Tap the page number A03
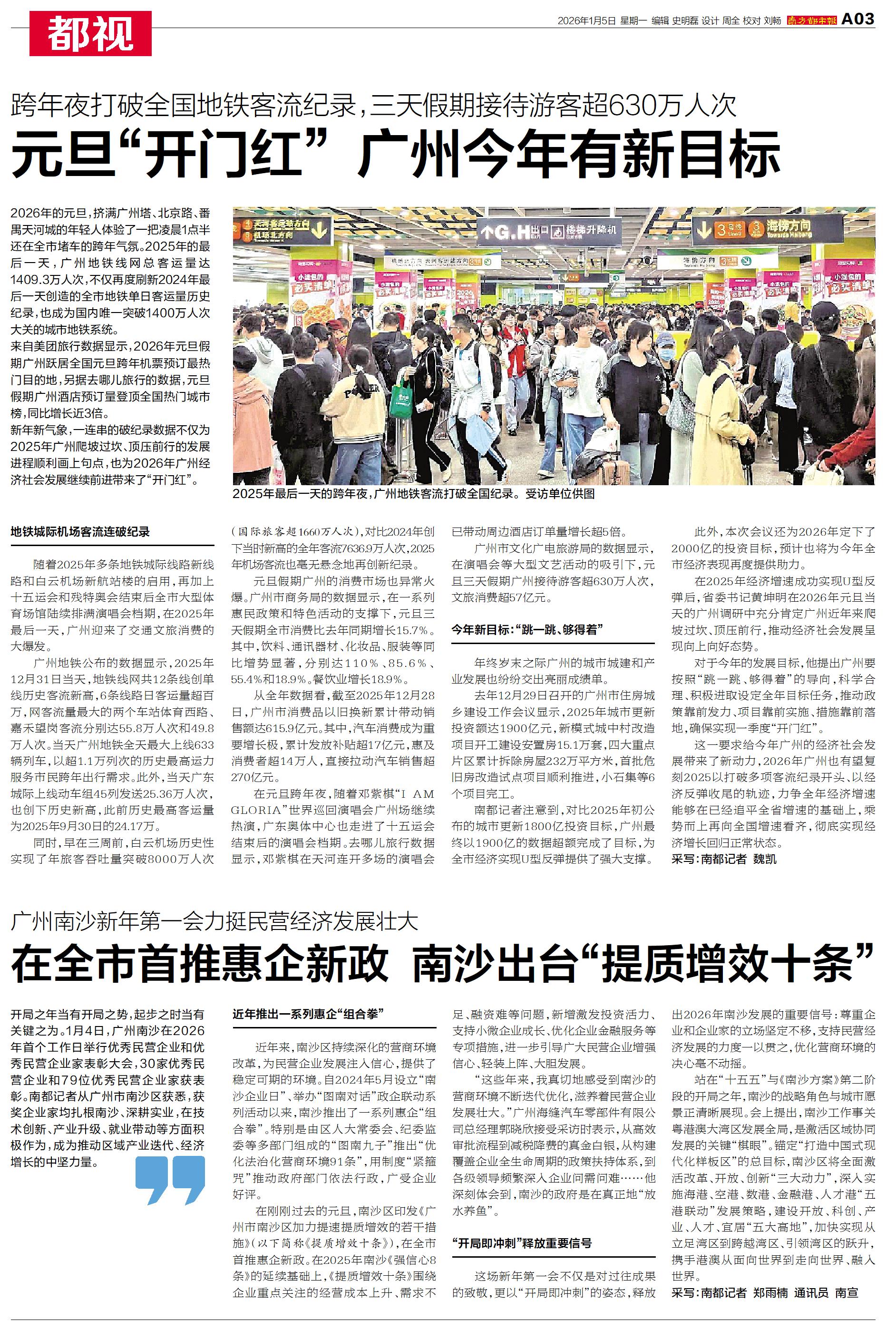pyautogui.click(x=858, y=19)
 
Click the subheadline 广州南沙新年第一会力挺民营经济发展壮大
pyautogui.click(x=214, y=921)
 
